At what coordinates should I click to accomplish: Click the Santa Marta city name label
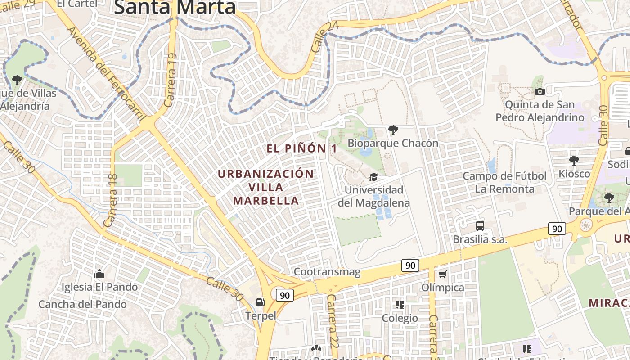pos(175,7)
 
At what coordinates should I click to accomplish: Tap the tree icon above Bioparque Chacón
pos(393,130)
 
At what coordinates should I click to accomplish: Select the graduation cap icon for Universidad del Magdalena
pos(373,176)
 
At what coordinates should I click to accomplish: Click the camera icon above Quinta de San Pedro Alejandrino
pos(540,92)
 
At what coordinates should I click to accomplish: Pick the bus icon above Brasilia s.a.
pos(480,226)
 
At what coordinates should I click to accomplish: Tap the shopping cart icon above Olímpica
pos(443,274)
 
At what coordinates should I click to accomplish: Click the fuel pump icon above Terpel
pos(260,302)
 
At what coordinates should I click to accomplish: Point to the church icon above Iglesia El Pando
pos(99,274)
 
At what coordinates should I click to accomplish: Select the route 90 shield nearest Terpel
pos(285,295)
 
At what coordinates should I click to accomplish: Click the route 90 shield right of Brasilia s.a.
pos(557,229)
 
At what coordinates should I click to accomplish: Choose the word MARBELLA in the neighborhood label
pos(266,201)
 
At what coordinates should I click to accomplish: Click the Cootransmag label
pos(327,272)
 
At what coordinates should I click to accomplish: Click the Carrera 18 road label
pos(111,200)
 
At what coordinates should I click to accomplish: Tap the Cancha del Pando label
pos(82,304)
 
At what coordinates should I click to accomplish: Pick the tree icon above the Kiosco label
pos(574,160)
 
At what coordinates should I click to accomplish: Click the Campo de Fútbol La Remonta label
pos(504,182)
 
